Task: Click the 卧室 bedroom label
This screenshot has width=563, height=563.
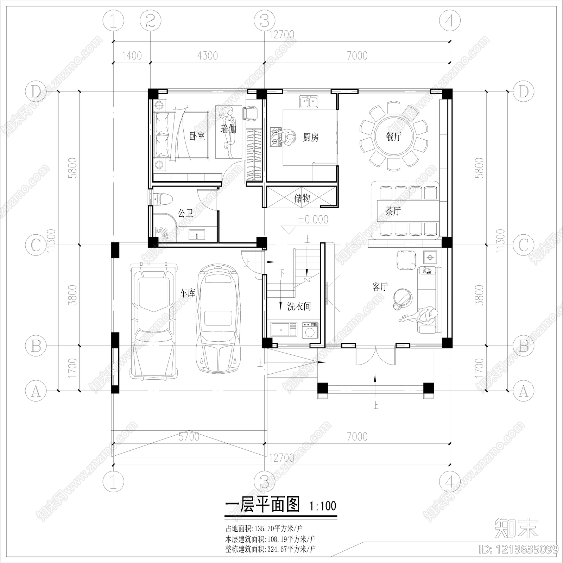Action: pyautogui.click(x=197, y=136)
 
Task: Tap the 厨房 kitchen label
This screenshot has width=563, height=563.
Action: pyautogui.click(x=311, y=137)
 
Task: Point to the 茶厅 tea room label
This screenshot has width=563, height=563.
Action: pyautogui.click(x=393, y=211)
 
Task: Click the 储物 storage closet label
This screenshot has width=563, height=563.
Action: pyautogui.click(x=302, y=198)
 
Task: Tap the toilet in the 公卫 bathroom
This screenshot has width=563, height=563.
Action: pyautogui.click(x=164, y=199)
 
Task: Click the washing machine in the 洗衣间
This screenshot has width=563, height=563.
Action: pyautogui.click(x=310, y=331)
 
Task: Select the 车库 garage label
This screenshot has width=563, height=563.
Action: pyautogui.click(x=188, y=293)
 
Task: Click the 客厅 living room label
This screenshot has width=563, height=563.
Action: pyautogui.click(x=380, y=287)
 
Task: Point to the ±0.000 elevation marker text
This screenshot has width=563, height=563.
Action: pyautogui.click(x=313, y=220)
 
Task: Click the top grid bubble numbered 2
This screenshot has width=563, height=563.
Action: pyautogui.click(x=151, y=21)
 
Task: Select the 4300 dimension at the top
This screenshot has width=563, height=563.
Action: pyautogui.click(x=207, y=56)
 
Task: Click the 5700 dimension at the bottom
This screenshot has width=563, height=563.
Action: pyautogui.click(x=189, y=437)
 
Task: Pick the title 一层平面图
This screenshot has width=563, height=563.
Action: pyautogui.click(x=262, y=505)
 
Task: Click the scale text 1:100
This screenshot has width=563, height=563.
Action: pyautogui.click(x=323, y=506)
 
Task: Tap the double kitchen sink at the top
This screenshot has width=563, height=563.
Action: pyautogui.click(x=309, y=102)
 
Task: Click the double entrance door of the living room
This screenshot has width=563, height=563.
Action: pyautogui.click(x=375, y=355)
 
